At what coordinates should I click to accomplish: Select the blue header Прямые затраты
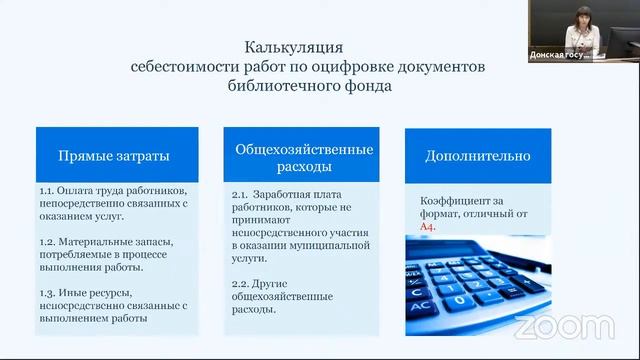113,156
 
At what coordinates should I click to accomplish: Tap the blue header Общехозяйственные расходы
303,157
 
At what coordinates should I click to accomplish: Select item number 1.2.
47,241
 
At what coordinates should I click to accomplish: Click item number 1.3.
47,292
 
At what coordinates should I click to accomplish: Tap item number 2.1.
239,193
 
